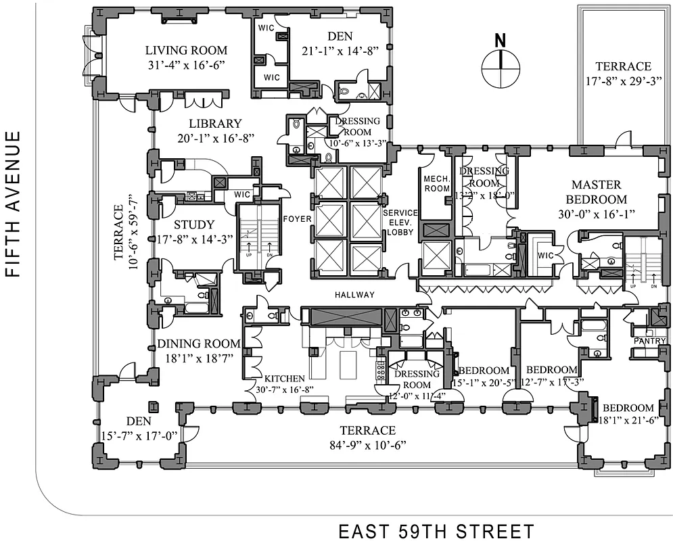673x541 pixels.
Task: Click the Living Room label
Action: pos(187,51)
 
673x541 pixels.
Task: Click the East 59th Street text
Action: pos(436,530)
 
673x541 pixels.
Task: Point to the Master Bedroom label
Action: pos(599,191)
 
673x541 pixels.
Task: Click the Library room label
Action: pos(215,124)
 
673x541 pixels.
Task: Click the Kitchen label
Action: pos(284,379)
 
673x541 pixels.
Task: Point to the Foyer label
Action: pos(296,219)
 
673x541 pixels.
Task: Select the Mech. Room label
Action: pos(436,183)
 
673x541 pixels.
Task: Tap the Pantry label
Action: pos(649,342)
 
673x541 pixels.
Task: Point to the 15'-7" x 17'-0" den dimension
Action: pos(139,434)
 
